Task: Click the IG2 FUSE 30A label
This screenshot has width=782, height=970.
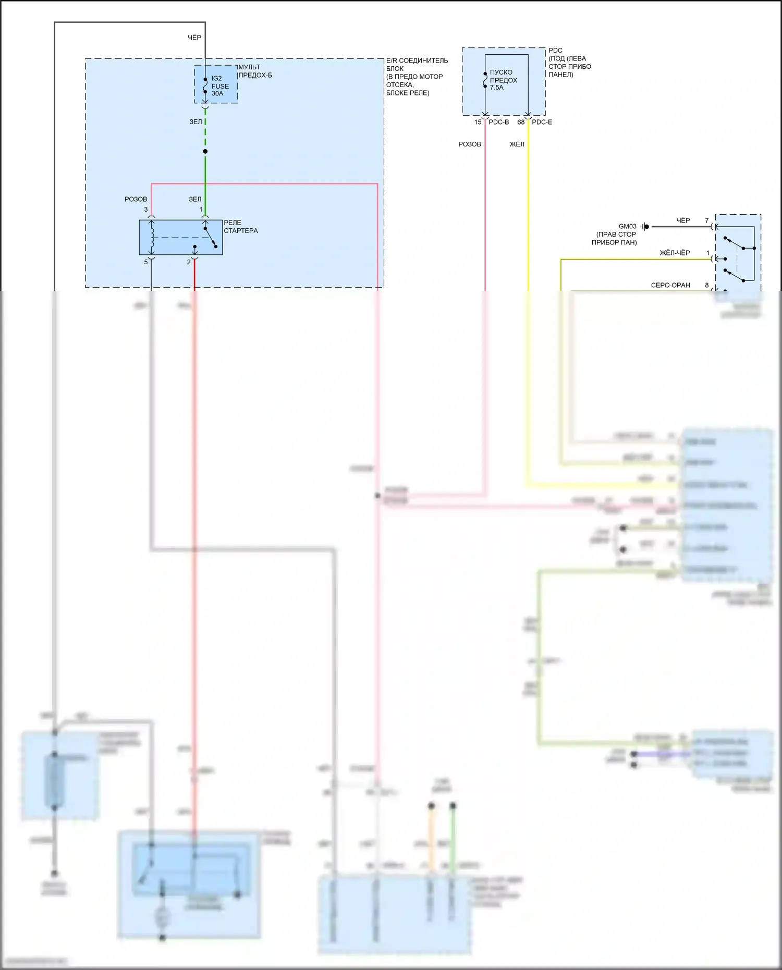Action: pyautogui.click(x=219, y=86)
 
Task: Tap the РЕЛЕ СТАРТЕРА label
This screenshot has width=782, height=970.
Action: pyautogui.click(x=240, y=227)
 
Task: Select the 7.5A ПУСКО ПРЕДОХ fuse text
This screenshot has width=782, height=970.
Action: pyautogui.click(x=503, y=80)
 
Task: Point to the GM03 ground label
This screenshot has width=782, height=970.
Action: pyautogui.click(x=627, y=227)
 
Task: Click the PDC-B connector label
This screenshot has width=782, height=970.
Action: pyautogui.click(x=498, y=122)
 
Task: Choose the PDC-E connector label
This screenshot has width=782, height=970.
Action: pyautogui.click(x=542, y=122)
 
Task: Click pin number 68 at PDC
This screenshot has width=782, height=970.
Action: pyautogui.click(x=521, y=122)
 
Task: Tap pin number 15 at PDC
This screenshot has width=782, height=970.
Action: pyautogui.click(x=478, y=122)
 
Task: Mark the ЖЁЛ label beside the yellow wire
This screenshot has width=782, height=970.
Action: pyautogui.click(x=517, y=144)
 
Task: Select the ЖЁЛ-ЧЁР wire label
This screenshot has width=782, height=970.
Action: pyautogui.click(x=675, y=253)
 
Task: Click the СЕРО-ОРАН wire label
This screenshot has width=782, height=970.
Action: pyautogui.click(x=670, y=285)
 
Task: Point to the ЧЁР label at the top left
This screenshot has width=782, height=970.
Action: pyautogui.click(x=194, y=38)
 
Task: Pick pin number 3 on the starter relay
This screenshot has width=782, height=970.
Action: pyautogui.click(x=146, y=210)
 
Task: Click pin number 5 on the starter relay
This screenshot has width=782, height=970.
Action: pyautogui.click(x=146, y=262)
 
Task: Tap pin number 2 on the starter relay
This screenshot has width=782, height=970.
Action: pyautogui.click(x=189, y=262)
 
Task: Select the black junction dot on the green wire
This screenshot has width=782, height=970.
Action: pyautogui.click(x=205, y=152)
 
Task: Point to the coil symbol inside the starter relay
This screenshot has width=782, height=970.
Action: pyautogui.click(x=152, y=237)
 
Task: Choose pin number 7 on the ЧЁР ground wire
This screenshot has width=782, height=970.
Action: pyautogui.click(x=707, y=220)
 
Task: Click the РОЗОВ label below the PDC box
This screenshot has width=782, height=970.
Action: pyautogui.click(x=469, y=144)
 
